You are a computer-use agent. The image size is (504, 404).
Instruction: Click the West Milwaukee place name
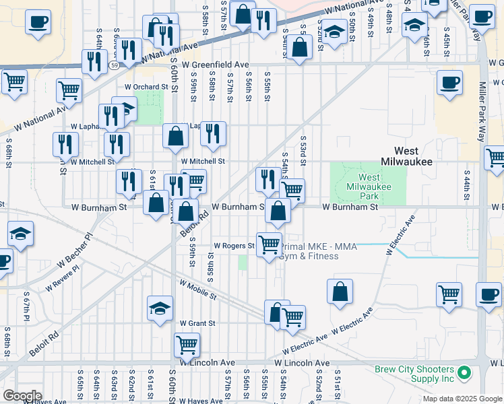(409, 156)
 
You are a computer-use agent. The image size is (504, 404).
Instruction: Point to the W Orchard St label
(146, 87)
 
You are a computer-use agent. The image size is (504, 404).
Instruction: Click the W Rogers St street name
(234, 246)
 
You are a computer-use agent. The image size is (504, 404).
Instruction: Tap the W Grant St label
(197, 323)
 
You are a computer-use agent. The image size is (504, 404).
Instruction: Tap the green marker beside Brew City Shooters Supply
(464, 372)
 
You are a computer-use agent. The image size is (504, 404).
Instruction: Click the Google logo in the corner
(22, 396)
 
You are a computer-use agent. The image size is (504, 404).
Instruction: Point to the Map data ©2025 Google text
(462, 399)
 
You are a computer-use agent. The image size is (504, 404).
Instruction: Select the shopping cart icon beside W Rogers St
(270, 244)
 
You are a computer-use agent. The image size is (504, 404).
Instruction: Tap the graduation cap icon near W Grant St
(160, 309)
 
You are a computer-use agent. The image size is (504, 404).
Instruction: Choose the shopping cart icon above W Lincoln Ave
(187, 345)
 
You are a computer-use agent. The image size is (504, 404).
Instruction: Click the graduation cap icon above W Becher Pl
(20, 234)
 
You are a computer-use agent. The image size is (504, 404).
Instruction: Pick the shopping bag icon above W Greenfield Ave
(301, 46)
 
